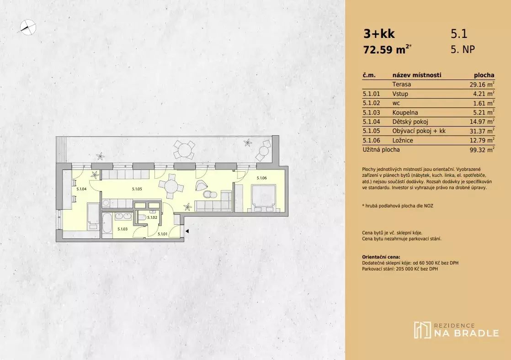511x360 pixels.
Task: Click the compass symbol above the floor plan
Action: (x=28, y=27)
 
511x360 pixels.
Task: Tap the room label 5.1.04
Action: (x=81, y=189)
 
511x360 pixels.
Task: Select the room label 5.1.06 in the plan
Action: (x=262, y=178)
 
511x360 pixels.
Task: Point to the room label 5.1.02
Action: (x=152, y=217)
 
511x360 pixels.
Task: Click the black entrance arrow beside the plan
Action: (x=187, y=231)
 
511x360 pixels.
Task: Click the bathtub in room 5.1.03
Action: (x=106, y=223)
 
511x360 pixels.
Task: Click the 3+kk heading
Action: (x=379, y=33)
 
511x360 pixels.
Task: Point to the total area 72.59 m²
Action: (x=388, y=49)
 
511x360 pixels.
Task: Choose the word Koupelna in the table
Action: (x=405, y=112)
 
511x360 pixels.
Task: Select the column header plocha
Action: (x=484, y=75)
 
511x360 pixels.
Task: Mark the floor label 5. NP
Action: (x=463, y=49)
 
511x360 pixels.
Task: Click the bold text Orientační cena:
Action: (x=381, y=257)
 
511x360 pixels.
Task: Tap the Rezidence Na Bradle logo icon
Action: (x=422, y=330)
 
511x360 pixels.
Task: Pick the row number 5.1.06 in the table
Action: (x=372, y=140)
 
